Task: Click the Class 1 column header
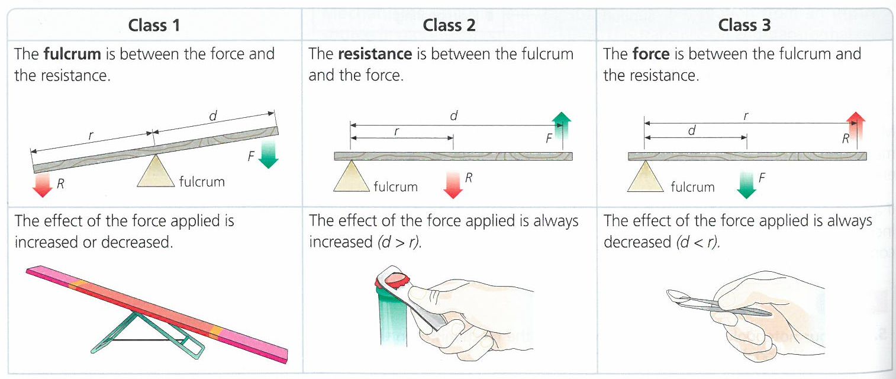tap(154, 25)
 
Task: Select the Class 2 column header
tap(449, 25)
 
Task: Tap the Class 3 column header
tap(744, 25)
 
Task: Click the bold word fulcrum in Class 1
tap(72, 54)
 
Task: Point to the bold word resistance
tap(375, 54)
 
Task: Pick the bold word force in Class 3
tap(651, 54)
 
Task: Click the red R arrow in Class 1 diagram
tap(43, 183)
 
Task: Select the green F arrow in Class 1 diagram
tap(268, 154)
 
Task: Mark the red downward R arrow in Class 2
tap(453, 184)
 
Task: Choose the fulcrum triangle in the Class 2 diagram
tap(352, 177)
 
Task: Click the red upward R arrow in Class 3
tap(856, 130)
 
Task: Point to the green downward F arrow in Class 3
tap(747, 184)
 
